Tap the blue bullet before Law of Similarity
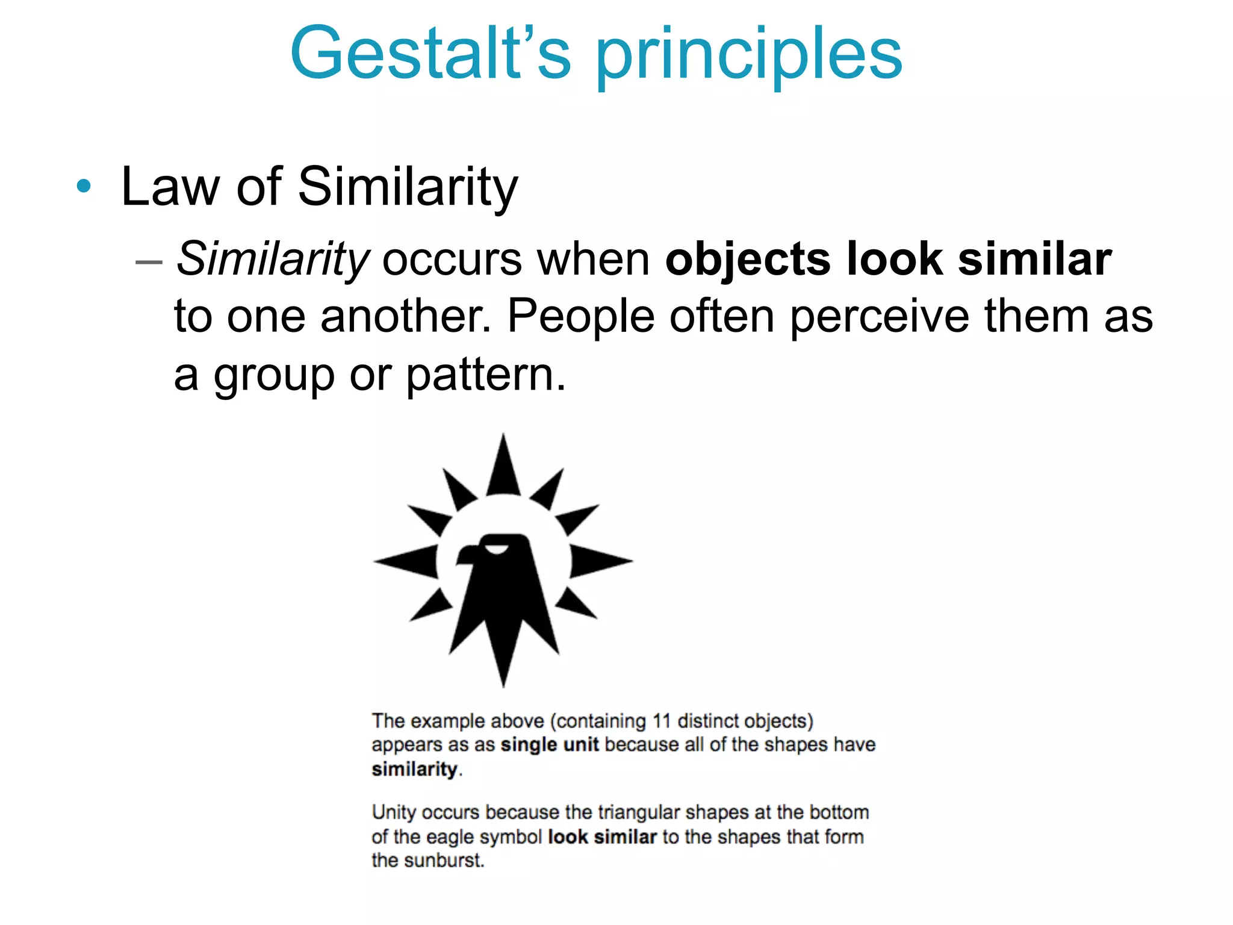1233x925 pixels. pos(84,186)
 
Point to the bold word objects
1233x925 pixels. pos(748,260)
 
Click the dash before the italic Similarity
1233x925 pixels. pos(149,262)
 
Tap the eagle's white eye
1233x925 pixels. pos(497,549)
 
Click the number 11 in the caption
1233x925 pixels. pos(661,721)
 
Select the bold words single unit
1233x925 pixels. pos(549,745)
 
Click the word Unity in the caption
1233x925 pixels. pos(394,812)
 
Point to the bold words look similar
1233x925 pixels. pos(602,837)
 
